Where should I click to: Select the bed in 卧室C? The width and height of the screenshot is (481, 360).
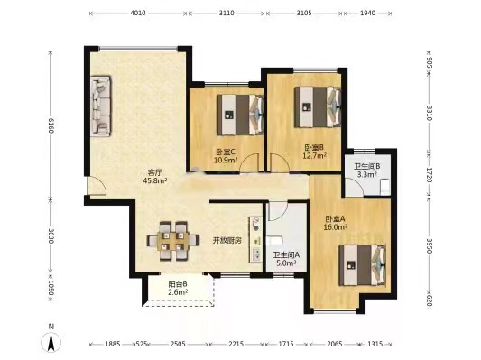point(239,111)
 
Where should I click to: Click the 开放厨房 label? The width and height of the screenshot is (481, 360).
point(227,240)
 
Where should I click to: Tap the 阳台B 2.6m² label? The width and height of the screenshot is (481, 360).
point(178,288)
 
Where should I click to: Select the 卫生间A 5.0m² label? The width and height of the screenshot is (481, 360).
point(286,260)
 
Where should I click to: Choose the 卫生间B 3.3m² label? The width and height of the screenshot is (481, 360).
point(366,171)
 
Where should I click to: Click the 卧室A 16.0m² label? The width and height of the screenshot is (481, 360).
point(337,224)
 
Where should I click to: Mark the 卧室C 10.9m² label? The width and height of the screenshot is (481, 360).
point(226,156)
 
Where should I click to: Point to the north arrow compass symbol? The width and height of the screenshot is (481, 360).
point(52,340)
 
